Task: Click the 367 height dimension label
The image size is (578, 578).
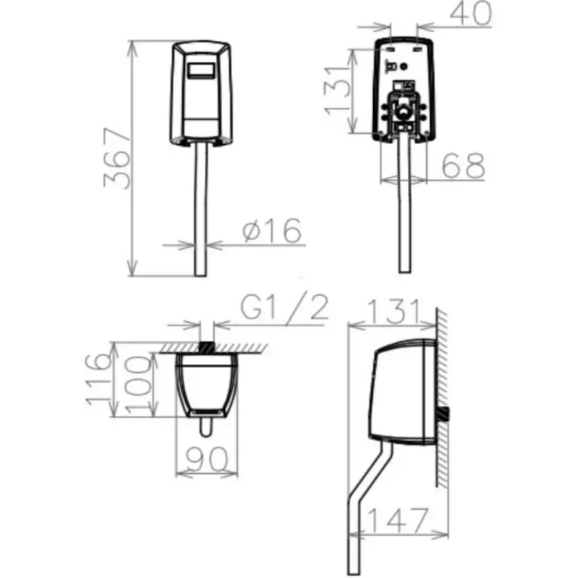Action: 117,158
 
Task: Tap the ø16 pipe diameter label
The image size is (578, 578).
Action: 272,230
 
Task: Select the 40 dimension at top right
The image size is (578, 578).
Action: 471,12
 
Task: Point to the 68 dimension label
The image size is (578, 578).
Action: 463,166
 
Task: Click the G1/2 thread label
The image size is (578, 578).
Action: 284,306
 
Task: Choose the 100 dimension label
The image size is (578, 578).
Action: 138,384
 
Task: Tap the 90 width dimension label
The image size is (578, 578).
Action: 207,460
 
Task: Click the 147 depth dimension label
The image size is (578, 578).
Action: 398,520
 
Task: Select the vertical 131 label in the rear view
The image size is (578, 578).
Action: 336,91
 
